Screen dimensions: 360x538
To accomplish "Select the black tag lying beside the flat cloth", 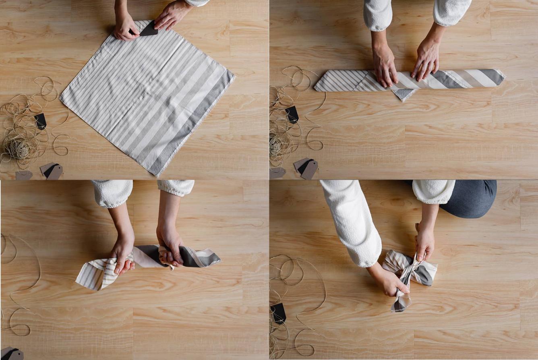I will click(x=40, y=121).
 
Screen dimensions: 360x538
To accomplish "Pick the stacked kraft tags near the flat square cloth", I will click(x=52, y=171).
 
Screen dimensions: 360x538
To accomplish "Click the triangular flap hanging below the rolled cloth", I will click(x=404, y=94).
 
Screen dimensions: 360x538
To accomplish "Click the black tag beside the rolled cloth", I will click(x=292, y=114).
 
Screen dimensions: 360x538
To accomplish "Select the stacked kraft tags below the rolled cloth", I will click(x=307, y=168).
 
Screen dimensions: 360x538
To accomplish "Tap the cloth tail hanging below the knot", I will click(x=399, y=302).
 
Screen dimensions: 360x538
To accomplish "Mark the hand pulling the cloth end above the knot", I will click(x=424, y=243).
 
